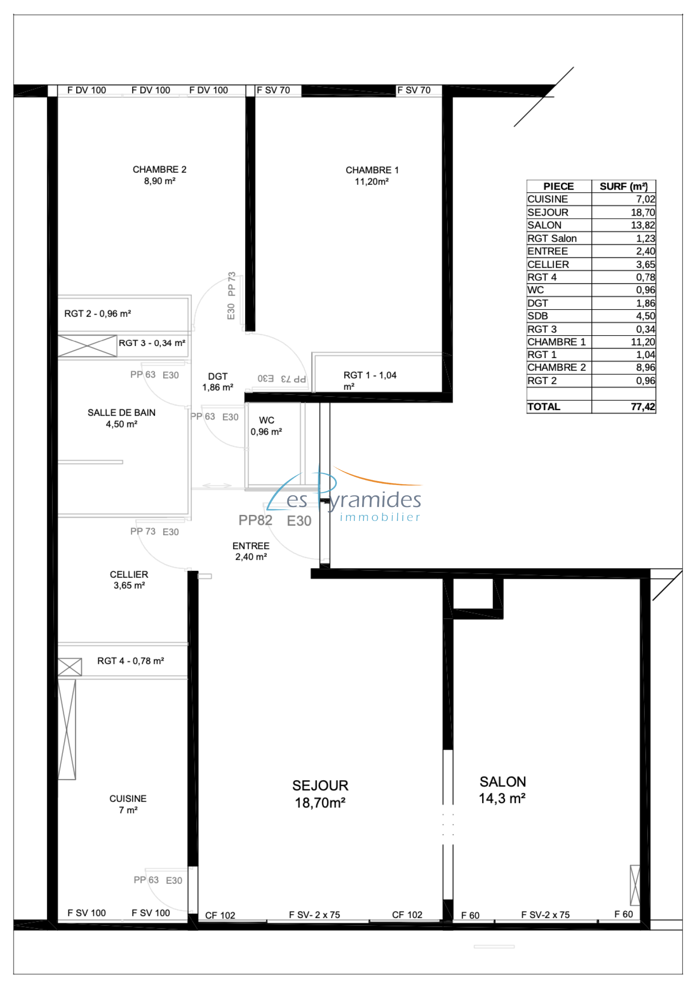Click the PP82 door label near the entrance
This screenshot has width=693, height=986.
tap(255, 520)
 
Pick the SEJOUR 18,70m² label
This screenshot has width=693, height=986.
tap(320, 794)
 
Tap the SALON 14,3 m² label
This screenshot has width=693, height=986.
tap(502, 790)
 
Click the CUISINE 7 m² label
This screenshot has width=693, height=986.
tap(128, 804)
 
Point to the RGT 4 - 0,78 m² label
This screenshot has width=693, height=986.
tap(130, 661)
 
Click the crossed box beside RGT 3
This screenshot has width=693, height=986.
tap(87, 346)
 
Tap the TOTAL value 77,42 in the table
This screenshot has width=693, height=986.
tap(643, 407)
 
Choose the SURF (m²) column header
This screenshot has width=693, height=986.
tap(623, 186)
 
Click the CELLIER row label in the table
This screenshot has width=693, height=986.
tap(548, 264)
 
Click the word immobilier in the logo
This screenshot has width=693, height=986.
tap(380, 517)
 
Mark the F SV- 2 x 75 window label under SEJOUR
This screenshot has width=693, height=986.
tap(314, 915)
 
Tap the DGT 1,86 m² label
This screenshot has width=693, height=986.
tap(217, 381)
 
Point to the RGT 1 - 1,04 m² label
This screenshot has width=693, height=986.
tap(369, 380)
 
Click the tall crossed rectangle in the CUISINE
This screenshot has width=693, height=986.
tap(67, 730)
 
